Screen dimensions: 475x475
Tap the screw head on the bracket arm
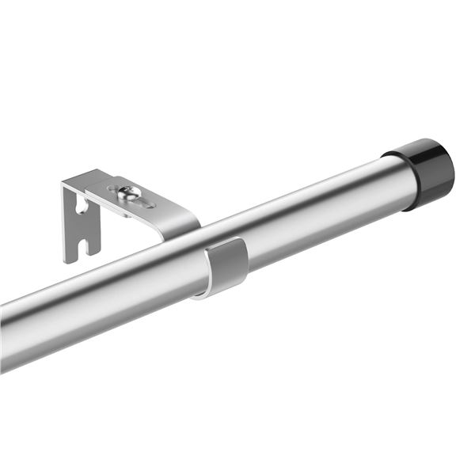tap(127, 192)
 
